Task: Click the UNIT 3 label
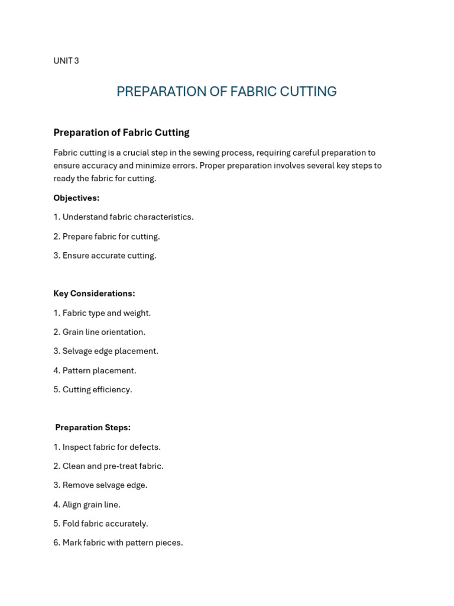[66, 61]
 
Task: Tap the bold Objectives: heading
[76, 198]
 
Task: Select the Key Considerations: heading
[94, 294]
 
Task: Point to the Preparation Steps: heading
[93, 427]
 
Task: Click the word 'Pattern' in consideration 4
[77, 370]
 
